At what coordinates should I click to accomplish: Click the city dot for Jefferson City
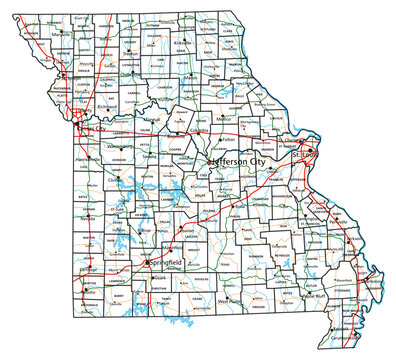coord(211,160)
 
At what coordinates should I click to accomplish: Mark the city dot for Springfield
coord(147,263)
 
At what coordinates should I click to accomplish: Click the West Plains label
coord(231,299)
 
